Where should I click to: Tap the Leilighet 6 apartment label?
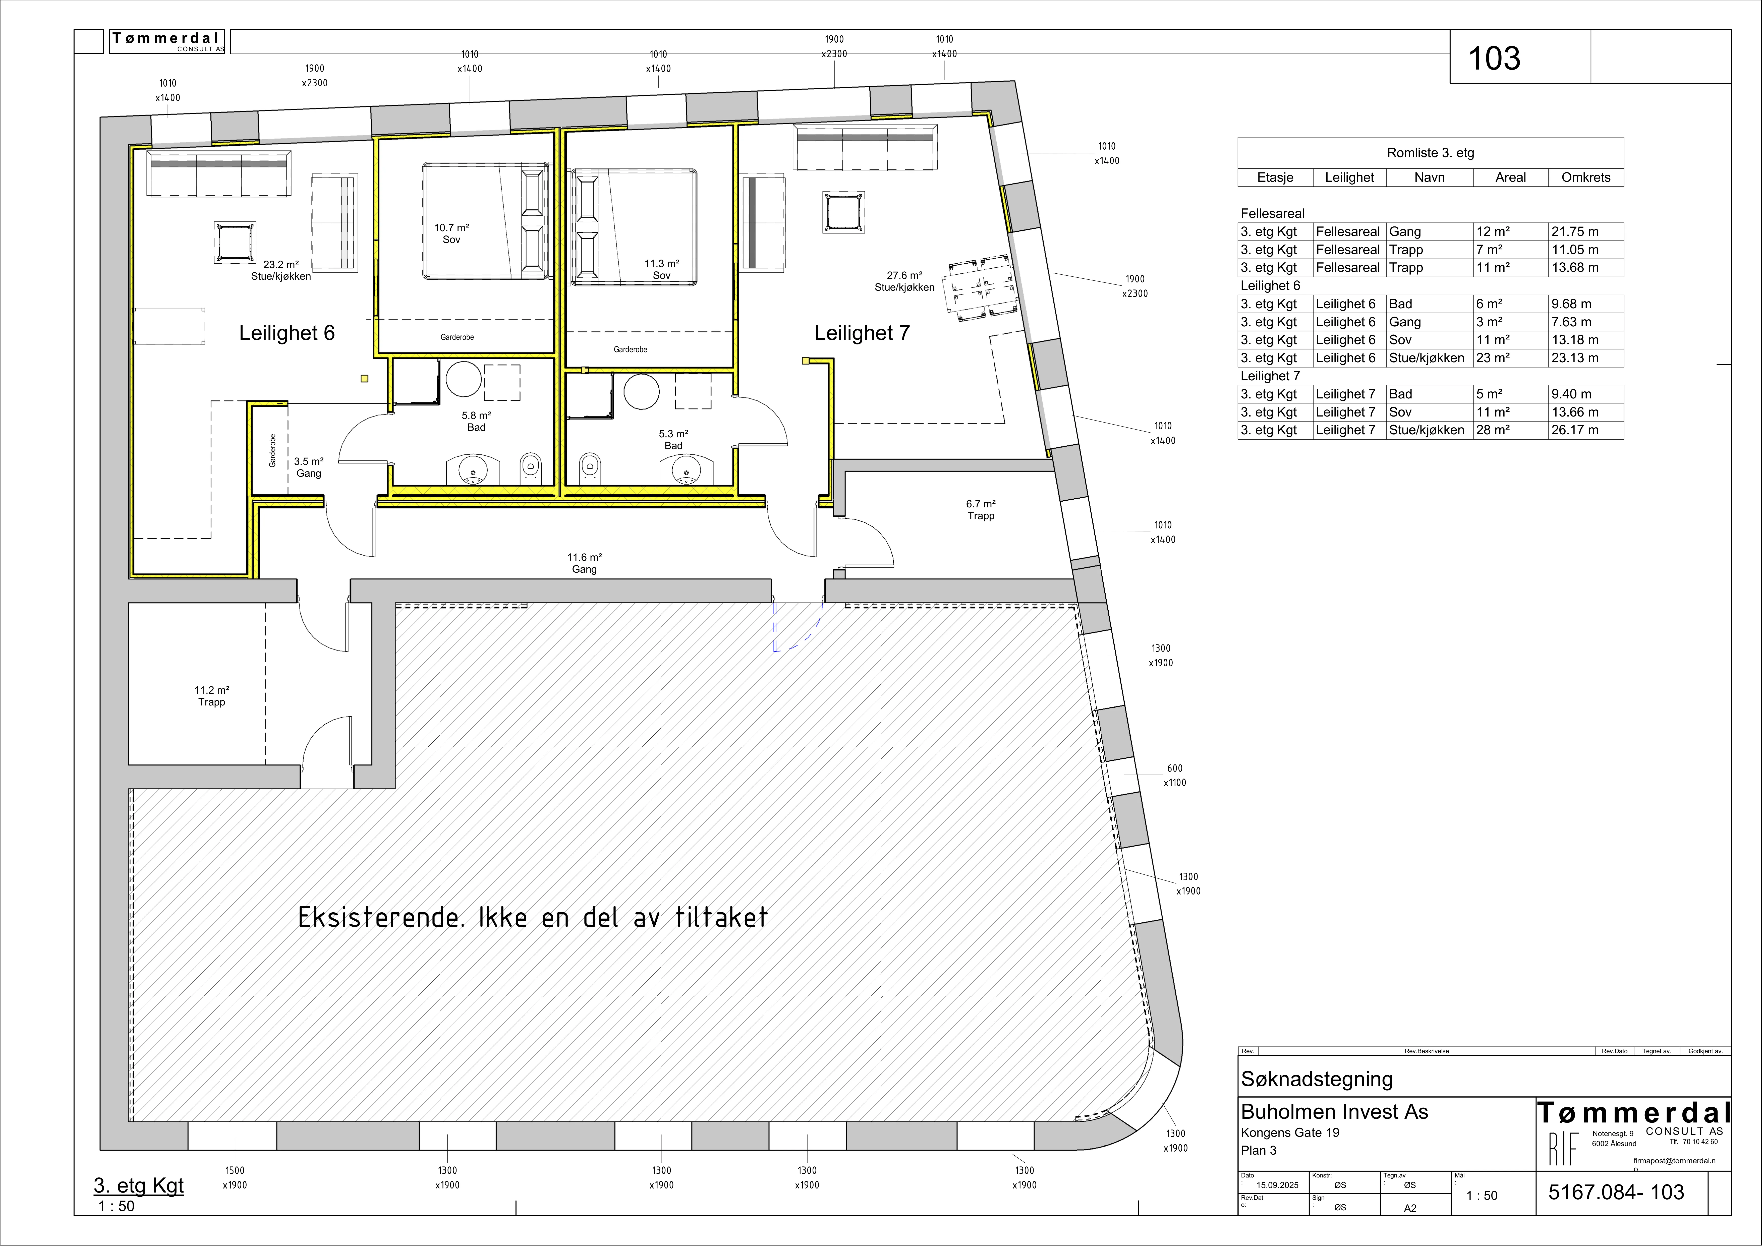287,333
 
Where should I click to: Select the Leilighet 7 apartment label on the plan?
862,333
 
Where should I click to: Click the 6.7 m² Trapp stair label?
981,509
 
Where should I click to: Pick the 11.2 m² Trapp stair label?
212,696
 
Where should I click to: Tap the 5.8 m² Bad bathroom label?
477,421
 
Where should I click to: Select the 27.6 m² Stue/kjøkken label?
905,281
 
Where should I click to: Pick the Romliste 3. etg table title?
1431,153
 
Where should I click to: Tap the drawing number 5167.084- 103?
1616,1192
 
